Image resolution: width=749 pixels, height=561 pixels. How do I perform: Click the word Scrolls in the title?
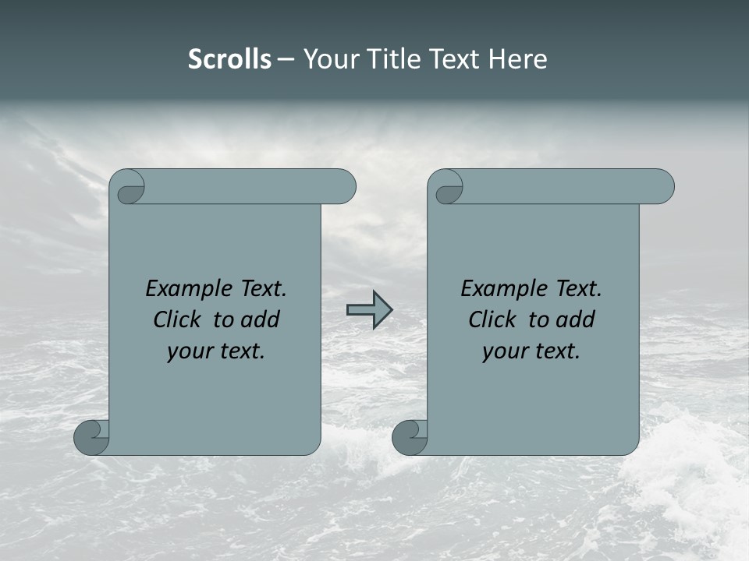coord(229,59)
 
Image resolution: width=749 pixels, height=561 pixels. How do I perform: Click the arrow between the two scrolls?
coord(369,310)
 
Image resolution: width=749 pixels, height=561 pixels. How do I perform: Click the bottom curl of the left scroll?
coord(92,438)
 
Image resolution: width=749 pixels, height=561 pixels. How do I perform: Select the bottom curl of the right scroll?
coord(410,438)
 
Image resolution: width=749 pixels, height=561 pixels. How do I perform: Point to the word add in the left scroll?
coord(261,319)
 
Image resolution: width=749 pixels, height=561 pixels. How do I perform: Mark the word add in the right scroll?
coord(577,319)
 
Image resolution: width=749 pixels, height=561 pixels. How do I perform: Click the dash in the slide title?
coord(286,60)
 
